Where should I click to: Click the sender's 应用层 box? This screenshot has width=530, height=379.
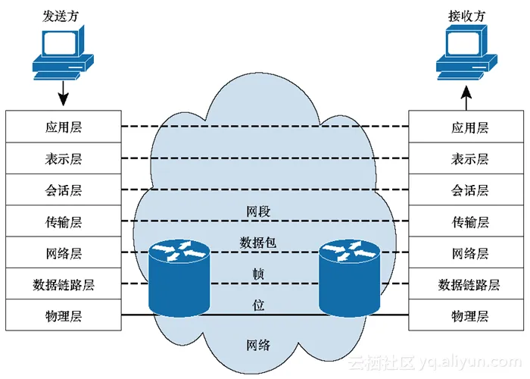coord(64,127)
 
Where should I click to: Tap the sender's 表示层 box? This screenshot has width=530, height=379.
coord(64,158)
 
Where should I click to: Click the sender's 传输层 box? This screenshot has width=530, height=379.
coord(64,221)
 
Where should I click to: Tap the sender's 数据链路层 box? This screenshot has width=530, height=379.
coord(64,284)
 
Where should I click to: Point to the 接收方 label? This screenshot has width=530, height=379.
coord(466,13)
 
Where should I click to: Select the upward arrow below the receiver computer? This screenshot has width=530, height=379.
coord(466,94)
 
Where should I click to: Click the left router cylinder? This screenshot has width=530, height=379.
coord(178,277)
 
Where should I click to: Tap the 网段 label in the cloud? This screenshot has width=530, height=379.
coord(258,211)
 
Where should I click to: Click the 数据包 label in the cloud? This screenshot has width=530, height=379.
coord(258,243)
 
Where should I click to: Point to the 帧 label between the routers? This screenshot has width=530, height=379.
coord(258,273)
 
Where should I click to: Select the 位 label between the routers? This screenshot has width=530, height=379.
coord(258,305)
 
